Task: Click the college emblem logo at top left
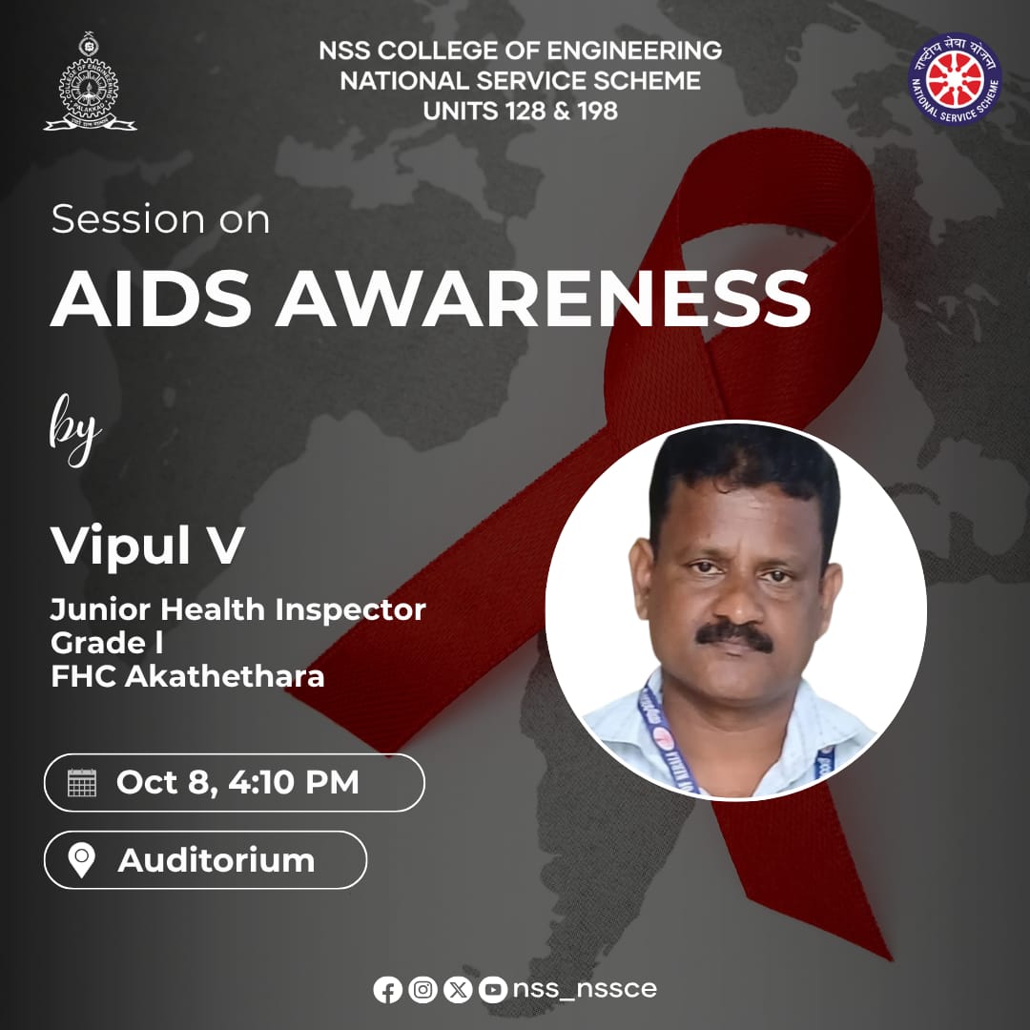click(90, 83)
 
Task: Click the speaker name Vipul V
click(148, 546)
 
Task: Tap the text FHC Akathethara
click(188, 677)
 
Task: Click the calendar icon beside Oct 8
click(83, 783)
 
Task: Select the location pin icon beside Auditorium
click(83, 860)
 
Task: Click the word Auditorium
click(216, 860)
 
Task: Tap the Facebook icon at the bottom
click(387, 990)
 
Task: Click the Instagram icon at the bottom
click(422, 990)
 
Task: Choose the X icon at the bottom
click(459, 990)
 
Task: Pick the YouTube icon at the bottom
click(493, 990)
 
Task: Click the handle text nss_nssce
click(585, 989)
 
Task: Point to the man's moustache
click(733, 636)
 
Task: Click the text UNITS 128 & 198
click(521, 111)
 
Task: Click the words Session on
click(160, 220)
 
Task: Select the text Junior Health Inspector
click(238, 609)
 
